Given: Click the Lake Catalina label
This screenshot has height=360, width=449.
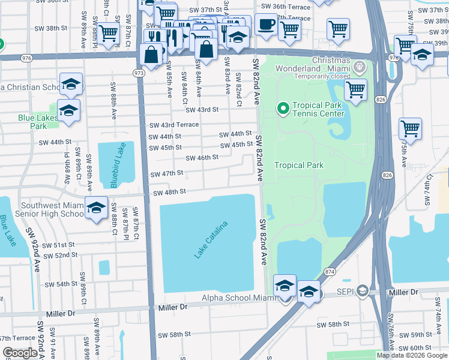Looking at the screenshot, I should [x=211, y=240].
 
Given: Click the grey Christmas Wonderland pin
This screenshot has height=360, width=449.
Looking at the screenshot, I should [x=360, y=65].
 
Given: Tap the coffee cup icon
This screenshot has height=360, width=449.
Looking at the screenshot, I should [x=266, y=25].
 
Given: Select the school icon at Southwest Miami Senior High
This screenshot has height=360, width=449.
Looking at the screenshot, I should [x=96, y=207].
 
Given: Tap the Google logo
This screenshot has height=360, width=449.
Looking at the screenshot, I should [x=20, y=353].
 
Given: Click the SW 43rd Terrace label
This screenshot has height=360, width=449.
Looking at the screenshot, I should [x=173, y=125].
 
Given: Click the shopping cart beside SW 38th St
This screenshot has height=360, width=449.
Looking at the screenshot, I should [x=108, y=33].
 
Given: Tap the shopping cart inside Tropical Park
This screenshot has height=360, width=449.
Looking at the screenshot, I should [x=355, y=90].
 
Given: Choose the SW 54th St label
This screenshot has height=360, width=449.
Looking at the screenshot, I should [x=58, y=284].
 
